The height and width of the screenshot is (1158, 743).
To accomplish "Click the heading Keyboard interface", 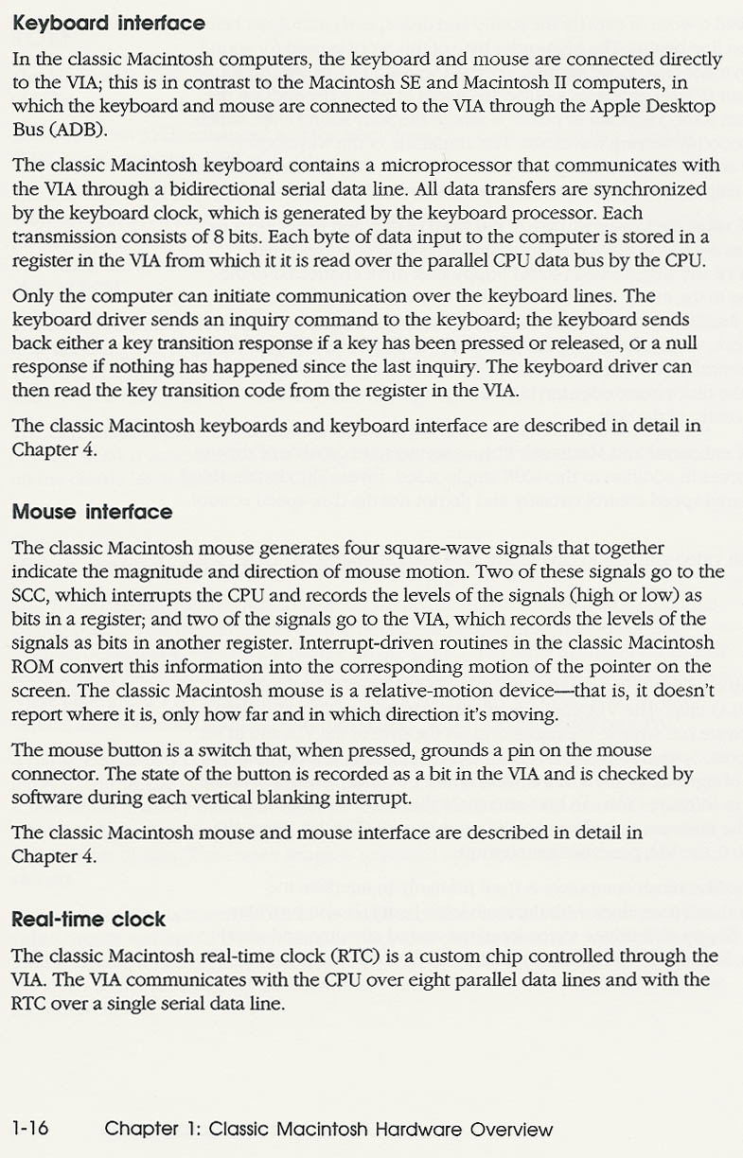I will point(109,22).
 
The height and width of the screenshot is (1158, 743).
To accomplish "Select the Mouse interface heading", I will point(92,512).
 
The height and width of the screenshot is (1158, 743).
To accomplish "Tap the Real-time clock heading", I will point(88,919).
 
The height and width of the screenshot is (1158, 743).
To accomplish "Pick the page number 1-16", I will point(30,1128).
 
